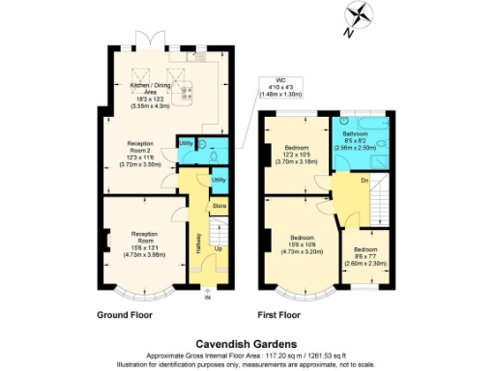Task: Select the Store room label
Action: [x=218, y=206]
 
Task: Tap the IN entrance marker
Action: [x=206, y=296]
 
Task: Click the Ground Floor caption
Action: [x=127, y=315]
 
